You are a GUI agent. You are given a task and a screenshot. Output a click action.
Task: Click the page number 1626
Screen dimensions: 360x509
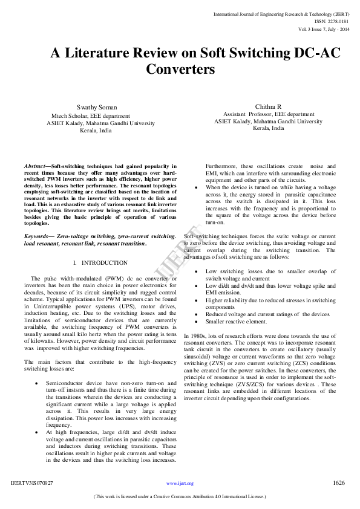(x=339, y=483)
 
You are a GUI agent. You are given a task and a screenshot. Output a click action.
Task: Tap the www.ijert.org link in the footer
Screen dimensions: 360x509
(x=180, y=484)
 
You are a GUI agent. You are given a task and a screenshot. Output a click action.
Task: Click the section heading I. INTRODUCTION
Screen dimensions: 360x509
(x=100, y=263)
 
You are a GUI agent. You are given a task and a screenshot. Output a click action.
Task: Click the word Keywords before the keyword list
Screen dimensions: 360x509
(x=38, y=236)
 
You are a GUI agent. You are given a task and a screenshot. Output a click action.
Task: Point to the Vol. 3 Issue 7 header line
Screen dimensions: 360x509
(x=315, y=28)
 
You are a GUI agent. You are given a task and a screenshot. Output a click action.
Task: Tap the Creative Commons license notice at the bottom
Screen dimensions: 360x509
(x=180, y=497)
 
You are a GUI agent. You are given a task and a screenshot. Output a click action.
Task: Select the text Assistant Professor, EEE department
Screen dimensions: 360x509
(x=269, y=114)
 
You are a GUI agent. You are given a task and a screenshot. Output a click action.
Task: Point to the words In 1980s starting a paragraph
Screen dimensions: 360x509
(x=195, y=335)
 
